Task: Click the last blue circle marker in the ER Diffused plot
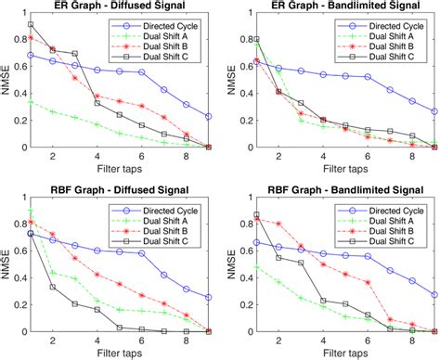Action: pos(208,116)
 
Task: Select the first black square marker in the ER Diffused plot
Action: pos(31,24)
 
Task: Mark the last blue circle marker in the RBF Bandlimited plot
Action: pos(434,294)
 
